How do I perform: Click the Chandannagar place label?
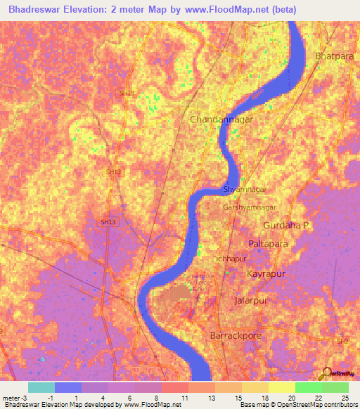click(x=221, y=119)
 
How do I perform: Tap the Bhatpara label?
click(x=335, y=55)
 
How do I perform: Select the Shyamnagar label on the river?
click(x=245, y=190)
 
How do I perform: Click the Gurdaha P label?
click(x=286, y=225)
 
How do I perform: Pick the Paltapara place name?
click(x=269, y=243)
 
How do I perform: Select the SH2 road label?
click(x=342, y=341)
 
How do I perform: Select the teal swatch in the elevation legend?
click(x=41, y=387)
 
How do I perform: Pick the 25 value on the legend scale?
click(x=345, y=398)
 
